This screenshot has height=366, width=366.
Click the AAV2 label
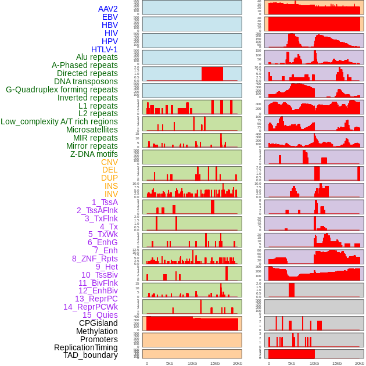107,9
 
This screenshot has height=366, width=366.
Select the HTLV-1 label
104,49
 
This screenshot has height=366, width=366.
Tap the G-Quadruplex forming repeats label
62,89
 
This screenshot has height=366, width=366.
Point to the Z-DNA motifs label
94,154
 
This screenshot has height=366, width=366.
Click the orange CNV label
109,162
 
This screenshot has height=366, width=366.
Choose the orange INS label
111,186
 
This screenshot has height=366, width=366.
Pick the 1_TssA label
105,202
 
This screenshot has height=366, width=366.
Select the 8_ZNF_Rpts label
95,259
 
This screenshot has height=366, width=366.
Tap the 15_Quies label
100,315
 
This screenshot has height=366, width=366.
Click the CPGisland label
98,323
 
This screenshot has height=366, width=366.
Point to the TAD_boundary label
90,355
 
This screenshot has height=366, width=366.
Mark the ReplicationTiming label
85,347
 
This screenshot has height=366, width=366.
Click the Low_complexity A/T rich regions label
59,121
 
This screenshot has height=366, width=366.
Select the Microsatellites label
92,130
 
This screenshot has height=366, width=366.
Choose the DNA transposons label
86,81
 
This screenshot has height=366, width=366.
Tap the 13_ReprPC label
96,299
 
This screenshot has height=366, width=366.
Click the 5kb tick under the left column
170,363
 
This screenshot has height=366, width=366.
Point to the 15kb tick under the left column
215,363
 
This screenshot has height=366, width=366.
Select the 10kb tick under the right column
314,363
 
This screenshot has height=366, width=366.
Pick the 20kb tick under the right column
360,363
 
